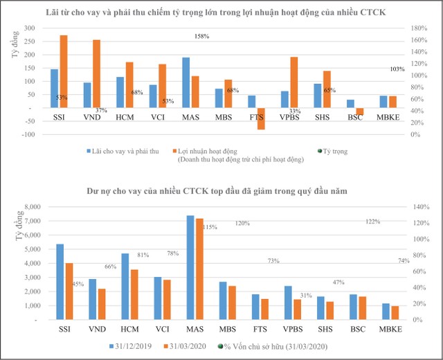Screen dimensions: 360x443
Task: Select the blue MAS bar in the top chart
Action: click(x=186, y=82)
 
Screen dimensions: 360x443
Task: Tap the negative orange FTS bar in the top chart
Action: click(x=261, y=118)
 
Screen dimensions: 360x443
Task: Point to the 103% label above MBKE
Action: click(x=397, y=69)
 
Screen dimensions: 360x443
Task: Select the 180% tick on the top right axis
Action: click(x=420, y=28)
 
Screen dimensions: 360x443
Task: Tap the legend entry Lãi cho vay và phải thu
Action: click(x=124, y=150)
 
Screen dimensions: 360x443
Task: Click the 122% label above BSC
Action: click(x=373, y=222)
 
